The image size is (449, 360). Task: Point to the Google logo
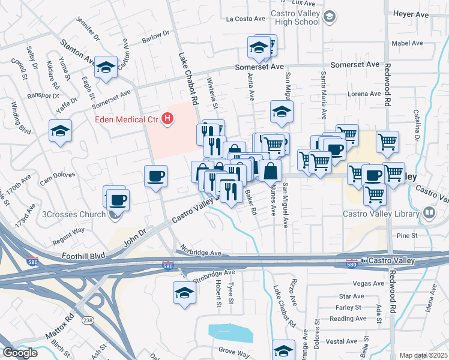(20, 352)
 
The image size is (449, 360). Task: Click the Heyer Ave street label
(411, 14)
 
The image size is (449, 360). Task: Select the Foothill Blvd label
(83, 255)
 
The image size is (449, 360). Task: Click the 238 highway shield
(87, 320)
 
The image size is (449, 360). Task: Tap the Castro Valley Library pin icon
(429, 212)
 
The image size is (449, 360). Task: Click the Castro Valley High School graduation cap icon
(329, 17)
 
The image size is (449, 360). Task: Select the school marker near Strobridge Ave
(184, 293)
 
